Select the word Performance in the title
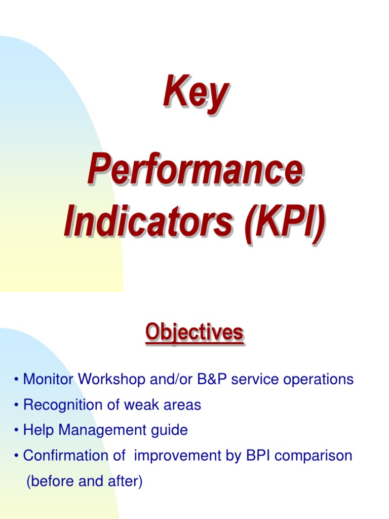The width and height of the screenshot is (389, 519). pos(195,171)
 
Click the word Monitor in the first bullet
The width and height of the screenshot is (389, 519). pos(48,379)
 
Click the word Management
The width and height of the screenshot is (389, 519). pos(106,430)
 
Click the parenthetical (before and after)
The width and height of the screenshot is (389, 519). pos(84,481)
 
